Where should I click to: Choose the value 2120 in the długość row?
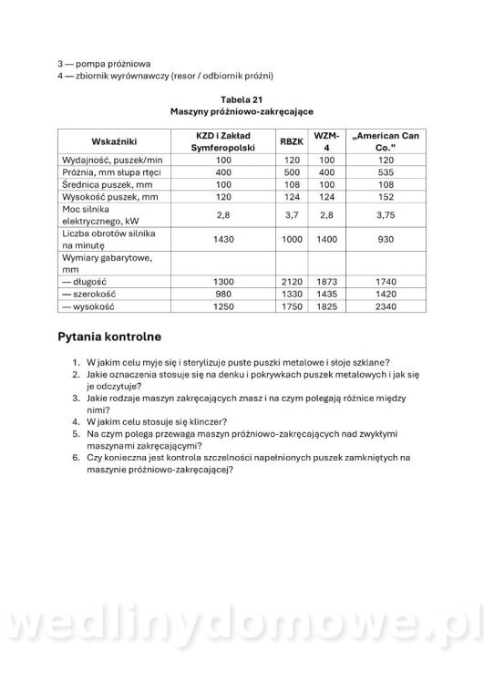click(292, 282)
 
